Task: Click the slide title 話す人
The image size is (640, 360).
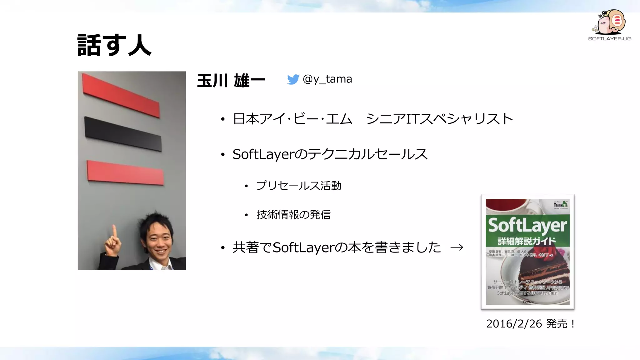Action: pos(114,45)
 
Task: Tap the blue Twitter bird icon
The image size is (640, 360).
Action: pos(293,79)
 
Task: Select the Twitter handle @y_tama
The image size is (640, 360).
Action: pos(327,79)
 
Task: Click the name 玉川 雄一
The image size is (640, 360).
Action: pos(231,81)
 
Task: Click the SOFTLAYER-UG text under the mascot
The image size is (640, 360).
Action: pos(610,39)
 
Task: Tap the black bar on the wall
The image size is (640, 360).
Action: pos(123,134)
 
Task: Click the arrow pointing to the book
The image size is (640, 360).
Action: pos(457,247)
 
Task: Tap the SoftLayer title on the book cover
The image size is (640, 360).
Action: pos(527,225)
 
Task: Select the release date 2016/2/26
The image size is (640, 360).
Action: pos(514,324)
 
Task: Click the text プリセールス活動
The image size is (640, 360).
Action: pos(299,186)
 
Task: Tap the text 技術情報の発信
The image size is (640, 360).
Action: pos(293,215)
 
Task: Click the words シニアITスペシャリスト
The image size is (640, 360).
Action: pos(439,119)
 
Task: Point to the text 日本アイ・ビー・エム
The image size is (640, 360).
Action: pos(292,119)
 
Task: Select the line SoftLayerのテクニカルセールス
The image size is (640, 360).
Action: pos(330,154)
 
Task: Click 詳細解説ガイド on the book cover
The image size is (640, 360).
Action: pos(527,241)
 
